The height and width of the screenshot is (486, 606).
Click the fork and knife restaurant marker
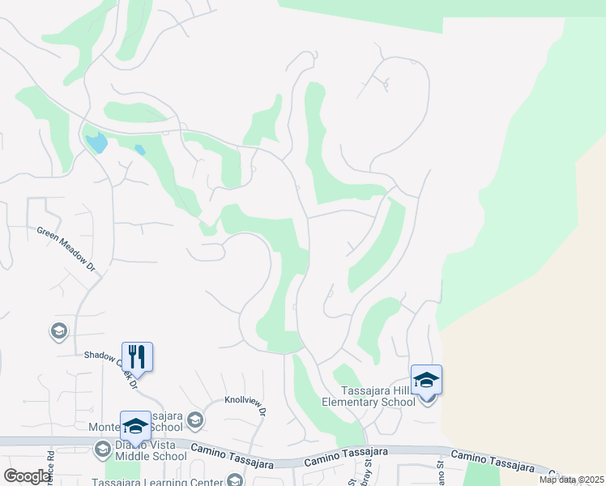pyautogui.click(x=137, y=356)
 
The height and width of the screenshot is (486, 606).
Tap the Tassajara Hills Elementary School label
pyautogui.click(x=369, y=396)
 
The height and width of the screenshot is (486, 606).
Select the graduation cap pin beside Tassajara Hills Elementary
pyautogui.click(x=427, y=381)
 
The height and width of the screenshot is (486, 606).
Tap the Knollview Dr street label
pyautogui.click(x=245, y=405)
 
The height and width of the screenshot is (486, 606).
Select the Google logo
pyautogui.click(x=28, y=476)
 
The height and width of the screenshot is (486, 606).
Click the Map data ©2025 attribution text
pyautogui.click(x=572, y=480)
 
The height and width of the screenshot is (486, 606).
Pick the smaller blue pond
pyautogui.click(x=140, y=150)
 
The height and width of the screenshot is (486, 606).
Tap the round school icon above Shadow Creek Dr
pyautogui.click(x=58, y=330)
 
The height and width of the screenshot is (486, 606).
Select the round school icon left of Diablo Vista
pyautogui.click(x=102, y=449)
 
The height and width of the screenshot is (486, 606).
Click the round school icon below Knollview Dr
pyautogui.click(x=194, y=420)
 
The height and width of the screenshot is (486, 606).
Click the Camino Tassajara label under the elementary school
pyautogui.click(x=347, y=456)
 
